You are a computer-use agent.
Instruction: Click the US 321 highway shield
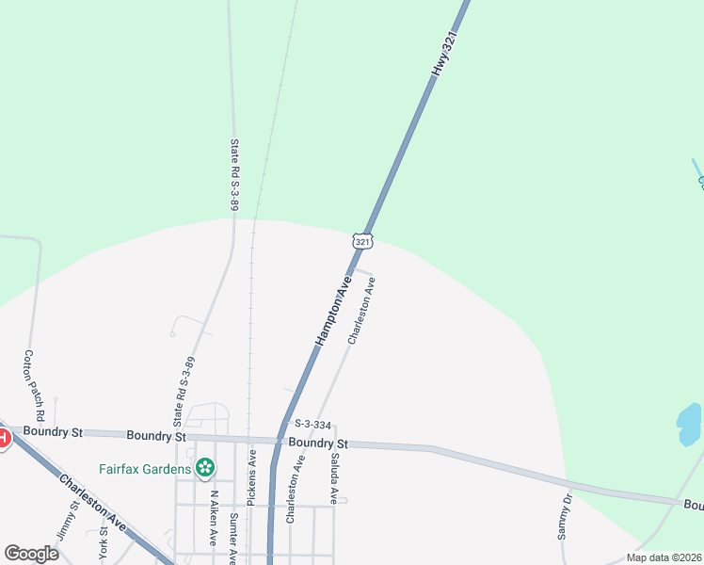tap(363, 241)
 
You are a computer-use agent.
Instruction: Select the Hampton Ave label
tap(333, 311)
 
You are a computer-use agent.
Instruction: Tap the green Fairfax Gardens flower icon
tap(203, 467)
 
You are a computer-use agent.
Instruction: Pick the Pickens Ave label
tap(252, 478)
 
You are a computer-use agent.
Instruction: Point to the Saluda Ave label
tap(334, 476)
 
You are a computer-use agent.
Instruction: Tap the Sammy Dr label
tap(565, 517)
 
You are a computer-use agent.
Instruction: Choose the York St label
tap(104, 544)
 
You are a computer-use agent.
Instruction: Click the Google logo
tap(31, 554)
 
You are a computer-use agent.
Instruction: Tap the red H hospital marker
tap(2, 438)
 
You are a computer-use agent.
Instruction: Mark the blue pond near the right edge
tap(689, 425)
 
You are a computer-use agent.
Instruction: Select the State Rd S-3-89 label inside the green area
tap(235, 174)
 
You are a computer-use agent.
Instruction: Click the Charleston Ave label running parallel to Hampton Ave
tap(361, 311)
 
